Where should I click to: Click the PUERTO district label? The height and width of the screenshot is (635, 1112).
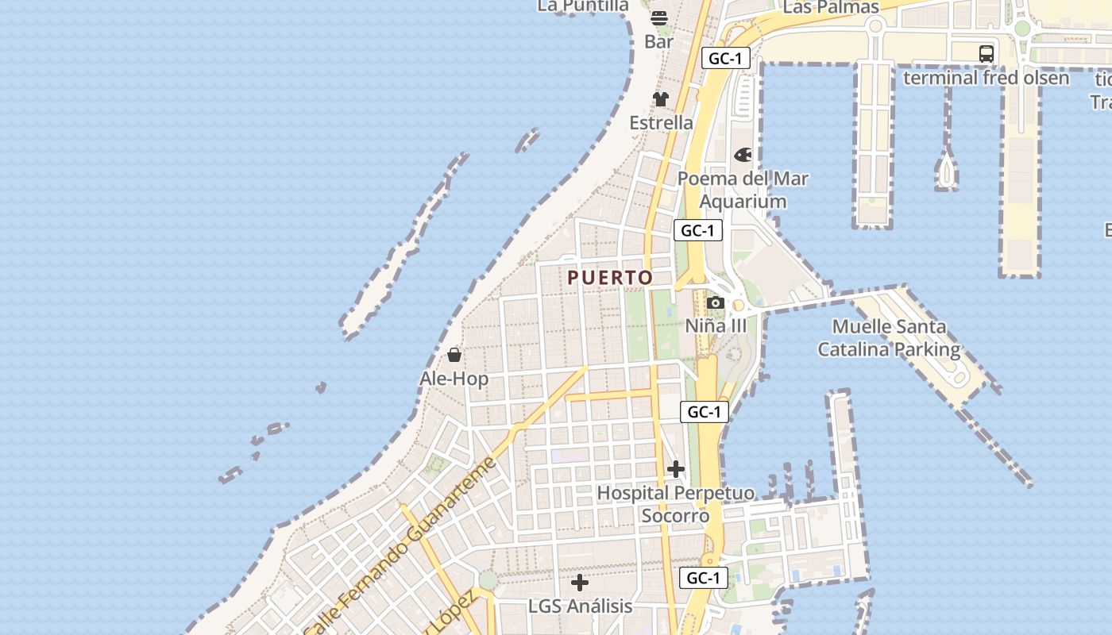click(610, 278)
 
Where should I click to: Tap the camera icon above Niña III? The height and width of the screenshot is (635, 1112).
click(715, 302)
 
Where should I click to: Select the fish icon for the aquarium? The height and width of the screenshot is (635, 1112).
click(743, 155)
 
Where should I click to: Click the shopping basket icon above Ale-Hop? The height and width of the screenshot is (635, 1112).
click(454, 354)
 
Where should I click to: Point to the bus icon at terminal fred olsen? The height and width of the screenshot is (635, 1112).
click(987, 54)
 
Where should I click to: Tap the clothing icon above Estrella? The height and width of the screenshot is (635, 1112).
click(661, 99)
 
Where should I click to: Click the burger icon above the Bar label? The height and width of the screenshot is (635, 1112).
click(659, 17)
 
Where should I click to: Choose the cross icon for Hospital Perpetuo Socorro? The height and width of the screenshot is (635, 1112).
click(676, 469)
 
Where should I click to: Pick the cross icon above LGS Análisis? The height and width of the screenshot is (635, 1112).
click(580, 583)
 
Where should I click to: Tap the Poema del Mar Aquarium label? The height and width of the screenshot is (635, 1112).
click(743, 190)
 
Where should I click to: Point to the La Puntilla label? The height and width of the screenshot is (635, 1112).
click(583, 6)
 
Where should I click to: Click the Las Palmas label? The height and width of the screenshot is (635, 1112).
click(831, 8)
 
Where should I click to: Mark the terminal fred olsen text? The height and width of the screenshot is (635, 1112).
click(987, 78)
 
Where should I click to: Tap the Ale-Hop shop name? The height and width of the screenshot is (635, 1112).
click(454, 379)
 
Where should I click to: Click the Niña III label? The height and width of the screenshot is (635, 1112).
click(716, 325)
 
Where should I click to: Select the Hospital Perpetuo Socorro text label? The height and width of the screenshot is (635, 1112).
click(676, 504)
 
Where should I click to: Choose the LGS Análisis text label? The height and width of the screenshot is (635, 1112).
click(581, 606)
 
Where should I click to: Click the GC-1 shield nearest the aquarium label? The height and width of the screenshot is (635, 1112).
click(698, 231)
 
